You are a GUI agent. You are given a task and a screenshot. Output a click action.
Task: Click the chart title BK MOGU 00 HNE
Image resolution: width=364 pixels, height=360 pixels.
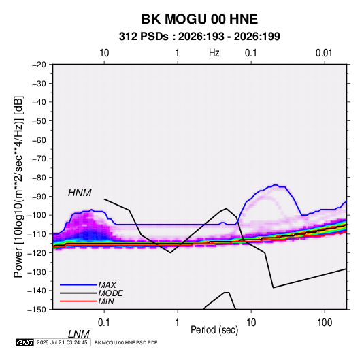point(199,19)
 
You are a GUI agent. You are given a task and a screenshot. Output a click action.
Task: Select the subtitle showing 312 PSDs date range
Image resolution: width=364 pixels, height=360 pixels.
point(199,37)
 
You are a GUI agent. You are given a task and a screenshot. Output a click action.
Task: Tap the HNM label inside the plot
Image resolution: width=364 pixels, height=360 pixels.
point(80,193)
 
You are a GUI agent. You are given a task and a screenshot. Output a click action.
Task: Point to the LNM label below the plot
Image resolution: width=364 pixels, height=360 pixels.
point(78,334)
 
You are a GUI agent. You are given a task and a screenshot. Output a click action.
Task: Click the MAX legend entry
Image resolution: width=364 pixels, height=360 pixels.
point(107,284)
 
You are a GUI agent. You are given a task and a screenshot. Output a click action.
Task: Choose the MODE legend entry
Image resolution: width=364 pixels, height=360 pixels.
point(110,293)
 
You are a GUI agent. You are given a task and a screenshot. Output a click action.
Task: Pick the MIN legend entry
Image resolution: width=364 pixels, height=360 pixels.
point(106,301)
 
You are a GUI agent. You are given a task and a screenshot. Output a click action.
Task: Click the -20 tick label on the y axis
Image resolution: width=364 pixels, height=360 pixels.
point(39,65)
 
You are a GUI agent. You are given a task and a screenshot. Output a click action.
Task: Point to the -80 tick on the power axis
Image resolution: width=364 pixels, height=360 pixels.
point(39,178)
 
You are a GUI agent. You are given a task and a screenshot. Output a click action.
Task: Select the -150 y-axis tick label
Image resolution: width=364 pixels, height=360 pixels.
point(37,310)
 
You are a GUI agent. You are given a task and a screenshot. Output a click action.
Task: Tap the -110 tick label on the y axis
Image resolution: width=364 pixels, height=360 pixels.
point(37,234)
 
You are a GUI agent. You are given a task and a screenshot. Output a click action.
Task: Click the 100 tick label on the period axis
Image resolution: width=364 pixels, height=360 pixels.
point(324,322)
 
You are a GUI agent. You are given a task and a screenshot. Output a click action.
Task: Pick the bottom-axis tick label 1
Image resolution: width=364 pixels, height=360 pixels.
point(178,322)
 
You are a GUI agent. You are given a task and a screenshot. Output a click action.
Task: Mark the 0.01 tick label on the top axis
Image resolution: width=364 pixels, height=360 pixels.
point(324,53)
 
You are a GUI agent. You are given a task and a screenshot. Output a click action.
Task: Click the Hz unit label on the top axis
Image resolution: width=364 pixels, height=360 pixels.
point(214,53)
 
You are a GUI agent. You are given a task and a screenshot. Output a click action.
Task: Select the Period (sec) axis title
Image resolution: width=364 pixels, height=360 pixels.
point(214,330)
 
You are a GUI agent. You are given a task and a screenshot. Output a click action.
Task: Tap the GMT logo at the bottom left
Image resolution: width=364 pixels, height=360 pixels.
point(25,342)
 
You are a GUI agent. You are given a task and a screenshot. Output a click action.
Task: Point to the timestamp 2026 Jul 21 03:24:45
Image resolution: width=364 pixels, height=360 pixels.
point(62,342)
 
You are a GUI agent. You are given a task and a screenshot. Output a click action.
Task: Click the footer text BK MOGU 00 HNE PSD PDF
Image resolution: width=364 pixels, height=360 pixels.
point(126,342)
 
